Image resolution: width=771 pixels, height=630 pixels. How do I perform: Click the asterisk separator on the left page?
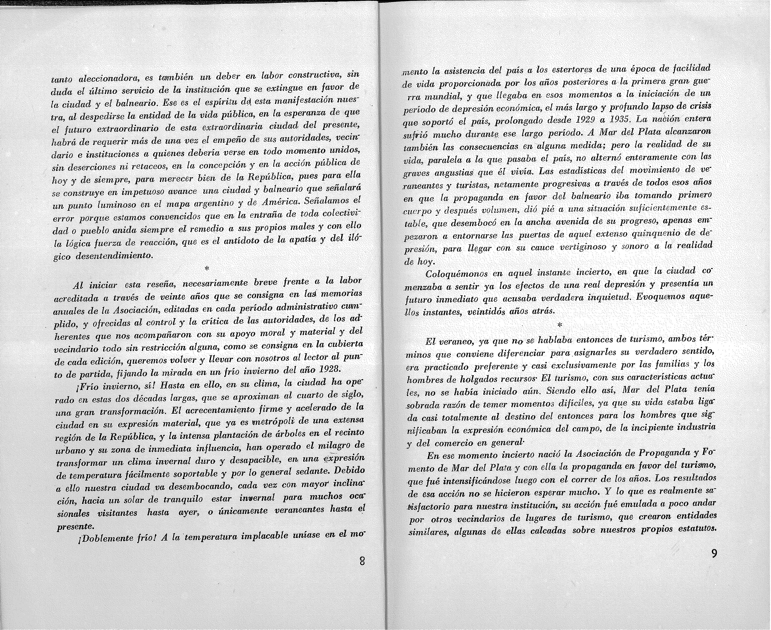point(207,269)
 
